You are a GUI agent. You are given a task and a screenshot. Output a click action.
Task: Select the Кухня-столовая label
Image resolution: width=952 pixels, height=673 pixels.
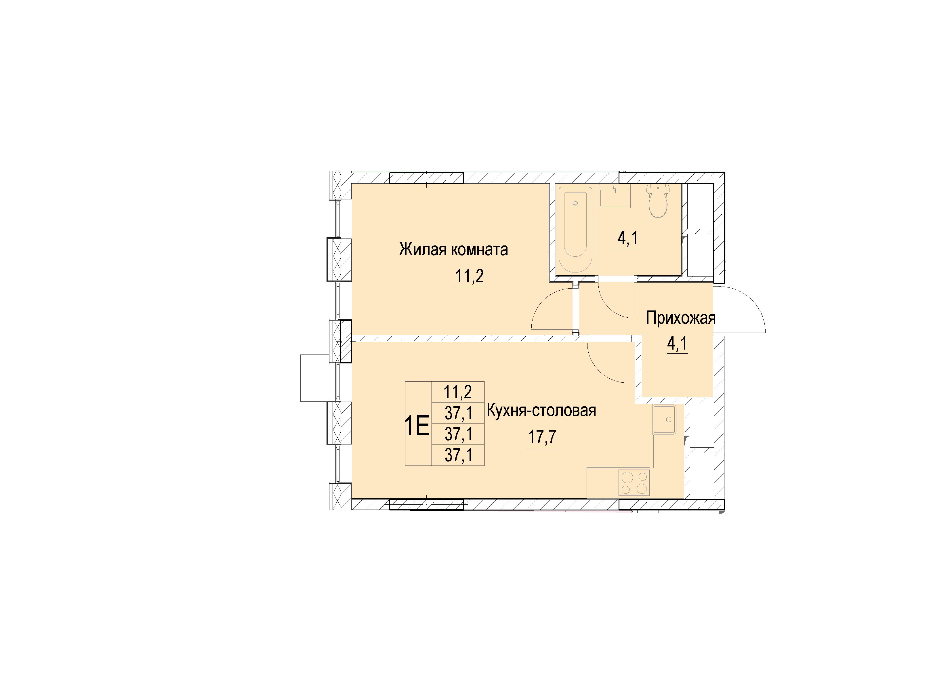541,411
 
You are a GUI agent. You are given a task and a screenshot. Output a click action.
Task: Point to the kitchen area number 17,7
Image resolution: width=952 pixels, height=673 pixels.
542,437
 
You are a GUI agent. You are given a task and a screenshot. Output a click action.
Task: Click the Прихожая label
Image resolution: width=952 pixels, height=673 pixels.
681,318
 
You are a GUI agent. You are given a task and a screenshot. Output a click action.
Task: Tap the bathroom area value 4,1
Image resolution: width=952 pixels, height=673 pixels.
628,239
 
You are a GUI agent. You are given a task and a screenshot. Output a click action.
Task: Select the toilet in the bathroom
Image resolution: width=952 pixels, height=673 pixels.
658,201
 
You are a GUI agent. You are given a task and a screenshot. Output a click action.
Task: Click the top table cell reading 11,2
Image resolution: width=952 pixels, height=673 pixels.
458,391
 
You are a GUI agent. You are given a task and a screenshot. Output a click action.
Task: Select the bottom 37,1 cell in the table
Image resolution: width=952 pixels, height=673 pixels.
458,455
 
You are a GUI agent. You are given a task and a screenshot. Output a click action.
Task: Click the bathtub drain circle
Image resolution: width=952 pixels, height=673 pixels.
575,203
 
